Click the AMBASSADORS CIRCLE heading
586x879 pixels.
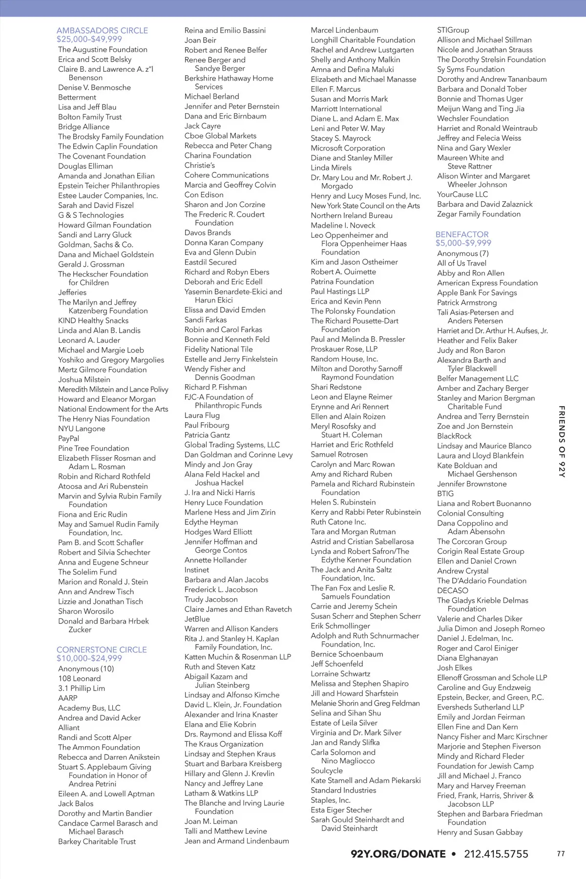pyautogui.click(x=102, y=30)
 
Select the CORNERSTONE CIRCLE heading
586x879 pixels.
pyautogui.click(x=102, y=649)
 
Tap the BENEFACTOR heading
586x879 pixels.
pyautogui.click(x=462, y=234)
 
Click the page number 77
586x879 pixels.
pyautogui.click(x=561, y=854)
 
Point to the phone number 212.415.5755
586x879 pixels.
pyautogui.click(x=496, y=854)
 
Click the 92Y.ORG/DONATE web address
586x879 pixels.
pyautogui.click(x=398, y=854)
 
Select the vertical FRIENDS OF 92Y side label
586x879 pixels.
pyautogui.click(x=562, y=441)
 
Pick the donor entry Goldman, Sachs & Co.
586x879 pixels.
pyautogui.click(x=96, y=245)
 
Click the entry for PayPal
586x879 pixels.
pyautogui.click(x=69, y=439)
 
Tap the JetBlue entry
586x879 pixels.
pyautogui.click(x=197, y=619)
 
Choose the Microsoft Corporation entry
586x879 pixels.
pyautogui.click(x=348, y=148)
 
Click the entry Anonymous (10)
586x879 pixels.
pyautogui.click(x=86, y=669)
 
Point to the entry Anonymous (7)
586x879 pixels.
pyautogui.click(x=463, y=253)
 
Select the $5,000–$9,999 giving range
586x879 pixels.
pyautogui.click(x=463, y=243)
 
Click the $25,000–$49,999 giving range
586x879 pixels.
pyautogui.click(x=89, y=39)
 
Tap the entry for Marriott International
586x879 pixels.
pyautogui.click(x=346, y=109)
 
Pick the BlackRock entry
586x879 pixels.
pyautogui.click(x=454, y=436)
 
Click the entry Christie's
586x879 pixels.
pyautogui.click(x=200, y=165)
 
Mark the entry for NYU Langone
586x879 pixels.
pyautogui.click(x=82, y=429)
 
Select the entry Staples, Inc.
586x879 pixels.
pyautogui.click(x=331, y=800)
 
